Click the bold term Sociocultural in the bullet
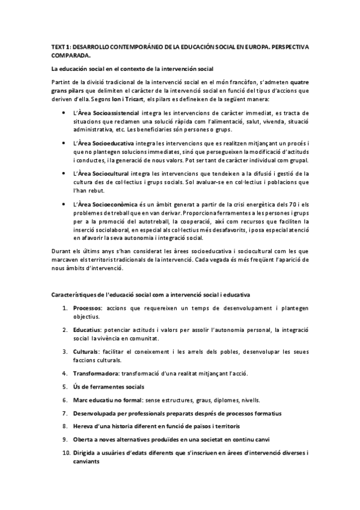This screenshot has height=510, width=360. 113,173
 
